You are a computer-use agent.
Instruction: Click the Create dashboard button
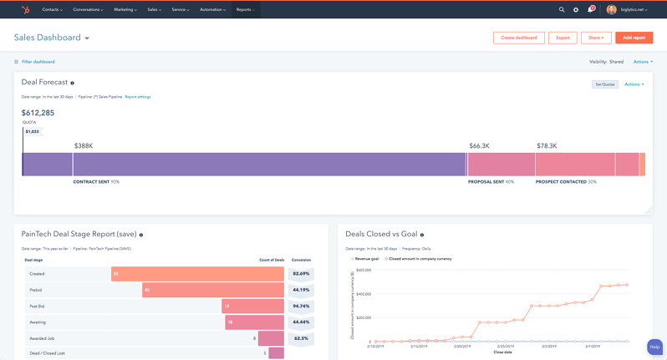pyautogui.click(x=519, y=38)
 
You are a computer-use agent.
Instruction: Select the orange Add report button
pyautogui.click(x=634, y=38)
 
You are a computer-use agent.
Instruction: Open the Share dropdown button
pyautogui.click(x=595, y=38)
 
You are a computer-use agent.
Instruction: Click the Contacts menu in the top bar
pyautogui.click(x=53, y=9)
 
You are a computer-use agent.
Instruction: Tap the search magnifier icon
pyautogui.click(x=562, y=10)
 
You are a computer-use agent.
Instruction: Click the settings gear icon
pyautogui.click(x=576, y=10)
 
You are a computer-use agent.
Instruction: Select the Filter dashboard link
pyautogui.click(x=38, y=62)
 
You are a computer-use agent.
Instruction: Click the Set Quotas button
pyautogui.click(x=605, y=84)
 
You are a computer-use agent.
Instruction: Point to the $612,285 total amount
pyautogui.click(x=38, y=113)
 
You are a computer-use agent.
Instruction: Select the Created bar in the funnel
pyautogui.click(x=197, y=274)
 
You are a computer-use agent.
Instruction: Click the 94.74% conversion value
pyautogui.click(x=301, y=306)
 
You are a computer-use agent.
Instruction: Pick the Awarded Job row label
pyautogui.click(x=42, y=338)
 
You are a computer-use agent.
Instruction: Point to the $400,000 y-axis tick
pyautogui.click(x=363, y=294)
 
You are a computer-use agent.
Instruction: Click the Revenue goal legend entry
pyautogui.click(x=366, y=259)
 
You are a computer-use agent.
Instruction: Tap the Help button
pyautogui.click(x=654, y=347)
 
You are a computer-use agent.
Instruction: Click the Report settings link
pyautogui.click(x=138, y=97)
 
